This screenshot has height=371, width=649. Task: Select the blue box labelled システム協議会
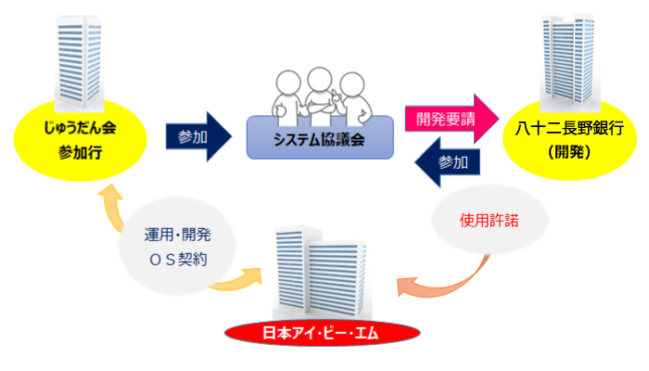pyautogui.click(x=320, y=139)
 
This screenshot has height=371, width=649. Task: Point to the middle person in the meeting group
pyautogui.click(x=321, y=94)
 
